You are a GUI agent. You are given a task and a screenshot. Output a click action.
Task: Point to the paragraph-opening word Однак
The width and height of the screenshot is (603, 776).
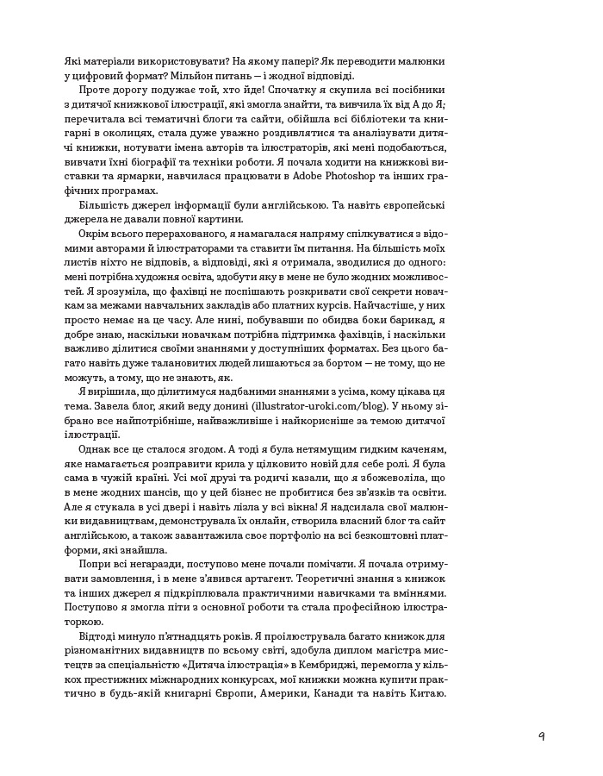(97, 447)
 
